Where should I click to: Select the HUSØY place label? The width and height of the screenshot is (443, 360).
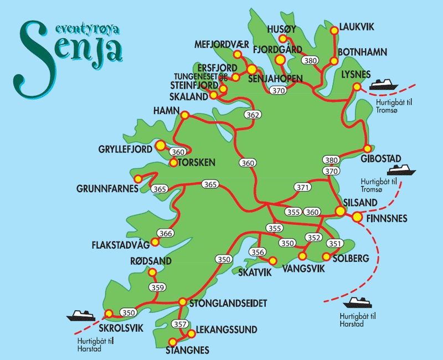click(x=281, y=28)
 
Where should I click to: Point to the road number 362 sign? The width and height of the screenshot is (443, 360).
click(x=253, y=115)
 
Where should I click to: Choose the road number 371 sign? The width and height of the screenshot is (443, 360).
click(x=302, y=188)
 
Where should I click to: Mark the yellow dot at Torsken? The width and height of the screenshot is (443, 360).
click(x=173, y=163)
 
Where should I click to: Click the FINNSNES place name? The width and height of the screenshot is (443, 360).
click(x=387, y=219)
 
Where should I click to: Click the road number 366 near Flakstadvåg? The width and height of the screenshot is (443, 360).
click(x=166, y=234)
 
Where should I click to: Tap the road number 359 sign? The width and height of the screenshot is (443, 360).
click(x=157, y=287)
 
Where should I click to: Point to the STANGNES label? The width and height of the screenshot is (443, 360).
click(x=187, y=350)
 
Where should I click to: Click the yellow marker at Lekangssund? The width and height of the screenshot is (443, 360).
click(x=192, y=333)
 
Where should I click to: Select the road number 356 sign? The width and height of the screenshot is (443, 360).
click(x=257, y=253)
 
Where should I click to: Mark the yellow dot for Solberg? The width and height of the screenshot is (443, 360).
click(x=326, y=256)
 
